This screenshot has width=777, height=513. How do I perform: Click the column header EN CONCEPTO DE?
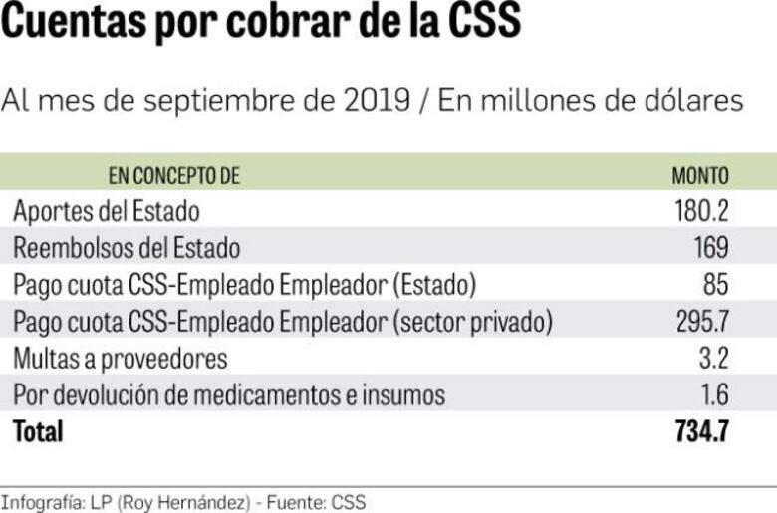[174, 177]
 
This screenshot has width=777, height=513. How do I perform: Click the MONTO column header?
[699, 177]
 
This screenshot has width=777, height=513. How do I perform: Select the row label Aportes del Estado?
[107, 212]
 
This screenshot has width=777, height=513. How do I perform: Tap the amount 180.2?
[701, 212]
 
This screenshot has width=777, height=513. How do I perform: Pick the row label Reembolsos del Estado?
[127, 248]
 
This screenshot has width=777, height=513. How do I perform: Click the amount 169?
[711, 248]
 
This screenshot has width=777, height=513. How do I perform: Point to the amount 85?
[716, 285]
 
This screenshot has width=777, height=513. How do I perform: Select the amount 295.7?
[701, 322]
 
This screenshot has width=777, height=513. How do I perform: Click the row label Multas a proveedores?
[121, 358]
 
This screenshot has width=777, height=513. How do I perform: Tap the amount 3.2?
[714, 358]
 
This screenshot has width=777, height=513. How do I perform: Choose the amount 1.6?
[714, 394]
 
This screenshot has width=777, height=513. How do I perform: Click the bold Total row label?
[38, 431]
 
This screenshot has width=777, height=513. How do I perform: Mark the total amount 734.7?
[701, 431]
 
